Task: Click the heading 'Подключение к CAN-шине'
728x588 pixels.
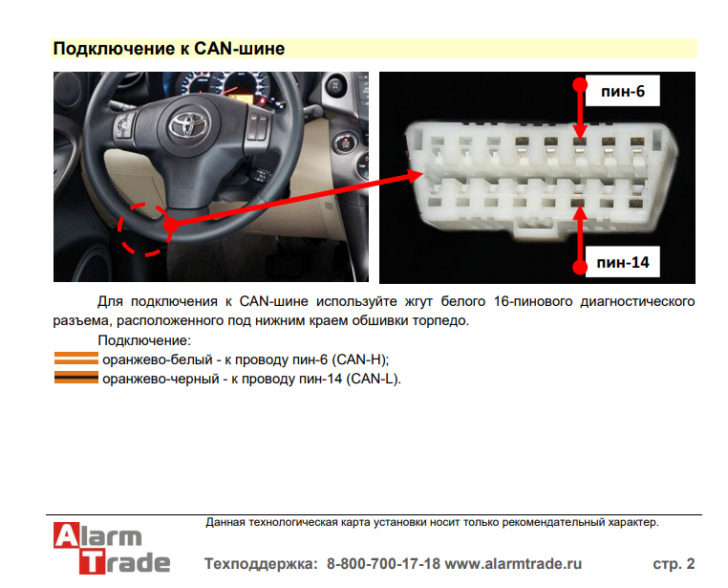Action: (x=169, y=49)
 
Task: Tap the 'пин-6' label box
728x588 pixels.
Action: (x=622, y=91)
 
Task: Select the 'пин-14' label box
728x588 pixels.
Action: (x=622, y=262)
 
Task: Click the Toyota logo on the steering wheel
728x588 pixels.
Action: (x=188, y=123)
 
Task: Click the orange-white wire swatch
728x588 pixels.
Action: (x=76, y=359)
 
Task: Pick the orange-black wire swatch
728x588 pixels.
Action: (x=76, y=377)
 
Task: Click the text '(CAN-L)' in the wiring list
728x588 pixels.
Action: (x=373, y=379)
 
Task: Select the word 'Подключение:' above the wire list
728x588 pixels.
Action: (x=144, y=340)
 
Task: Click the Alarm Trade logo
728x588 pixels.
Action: (x=112, y=549)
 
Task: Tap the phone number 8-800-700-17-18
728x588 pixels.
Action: (x=383, y=564)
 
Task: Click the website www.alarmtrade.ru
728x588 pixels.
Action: (x=513, y=564)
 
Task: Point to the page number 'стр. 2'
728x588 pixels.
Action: (x=674, y=564)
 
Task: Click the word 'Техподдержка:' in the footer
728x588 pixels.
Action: (x=261, y=564)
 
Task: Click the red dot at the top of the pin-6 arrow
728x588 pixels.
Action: (x=580, y=85)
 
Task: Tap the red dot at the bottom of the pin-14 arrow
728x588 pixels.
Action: (x=580, y=267)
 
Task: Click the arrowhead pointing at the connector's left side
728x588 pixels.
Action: (x=415, y=176)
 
